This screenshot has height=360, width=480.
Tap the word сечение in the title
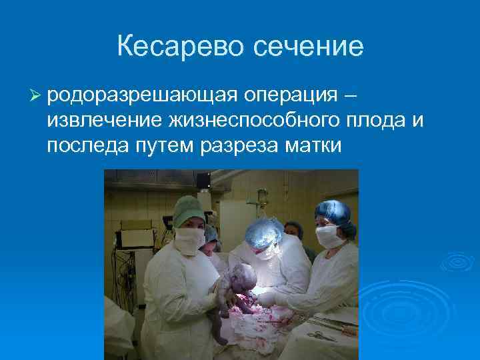pos(308,46)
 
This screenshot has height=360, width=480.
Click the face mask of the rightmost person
pos(328,235)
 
